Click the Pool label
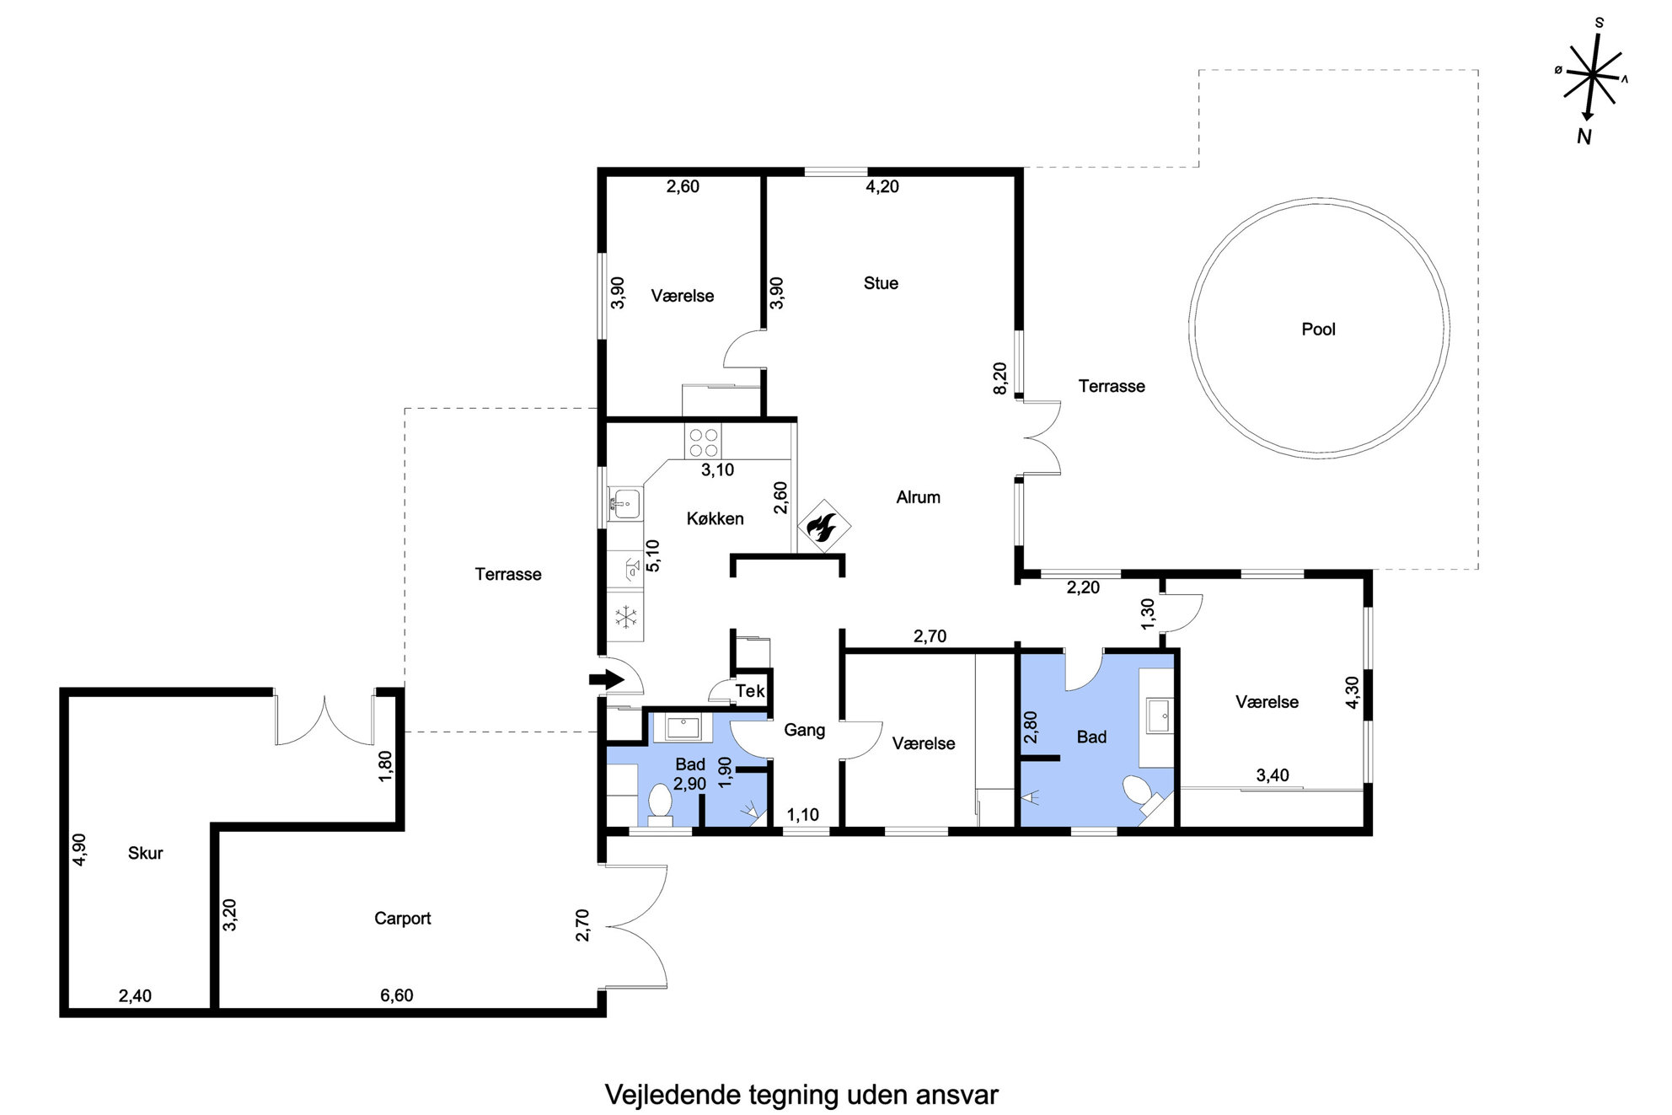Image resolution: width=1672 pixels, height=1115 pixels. pos(1318,330)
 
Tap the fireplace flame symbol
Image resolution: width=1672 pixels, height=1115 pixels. pos(823,527)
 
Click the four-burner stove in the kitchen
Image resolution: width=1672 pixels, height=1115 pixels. pos(703,442)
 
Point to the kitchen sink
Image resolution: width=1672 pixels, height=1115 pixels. pos(624,503)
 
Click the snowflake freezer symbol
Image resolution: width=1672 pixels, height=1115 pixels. pos(626,618)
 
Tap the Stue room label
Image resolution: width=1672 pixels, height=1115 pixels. pos(881,283)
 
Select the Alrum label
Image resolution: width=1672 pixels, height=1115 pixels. pos(918,497)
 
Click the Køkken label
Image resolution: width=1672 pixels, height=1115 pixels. pos(715,519)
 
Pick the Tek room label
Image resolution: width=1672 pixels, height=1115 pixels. pos(750,691)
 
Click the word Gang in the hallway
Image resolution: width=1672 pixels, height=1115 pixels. pos(804,730)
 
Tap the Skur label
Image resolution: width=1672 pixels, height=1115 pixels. pos(145,853)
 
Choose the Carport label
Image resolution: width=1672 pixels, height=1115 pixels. pos(402,919)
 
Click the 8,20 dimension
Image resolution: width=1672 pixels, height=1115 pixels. pos(999,378)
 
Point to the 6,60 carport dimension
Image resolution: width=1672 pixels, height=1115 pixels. pos(396,995)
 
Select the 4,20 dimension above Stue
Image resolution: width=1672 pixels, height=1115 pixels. pos(882,187)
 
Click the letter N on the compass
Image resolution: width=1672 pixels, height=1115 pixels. pos(1584,137)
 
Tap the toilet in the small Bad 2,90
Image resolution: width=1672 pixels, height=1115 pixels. pos(660,804)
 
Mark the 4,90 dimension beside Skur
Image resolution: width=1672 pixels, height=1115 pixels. pos(79,850)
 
